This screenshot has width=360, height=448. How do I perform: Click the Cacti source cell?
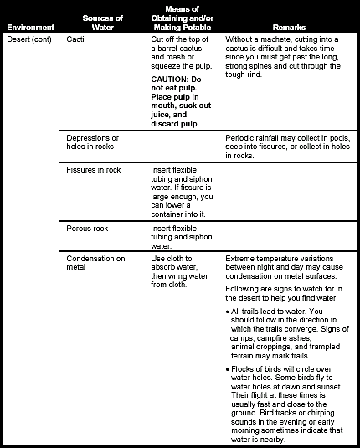coord(75,39)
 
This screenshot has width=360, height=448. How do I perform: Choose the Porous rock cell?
coord(86,228)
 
